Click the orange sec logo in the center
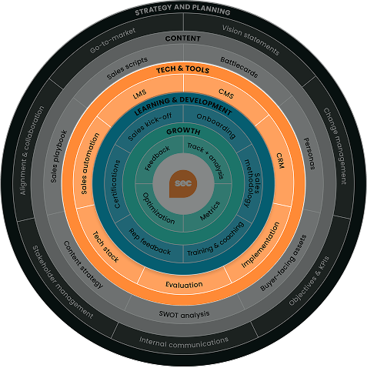[x=183, y=185]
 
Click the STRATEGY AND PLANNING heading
[x=182, y=12]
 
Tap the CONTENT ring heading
[x=183, y=38]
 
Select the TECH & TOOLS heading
[x=183, y=69]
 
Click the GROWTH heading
[x=183, y=131]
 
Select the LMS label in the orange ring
[x=139, y=95]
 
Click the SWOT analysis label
[x=184, y=313]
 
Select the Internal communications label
[x=184, y=341]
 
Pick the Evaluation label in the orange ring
[x=184, y=285]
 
